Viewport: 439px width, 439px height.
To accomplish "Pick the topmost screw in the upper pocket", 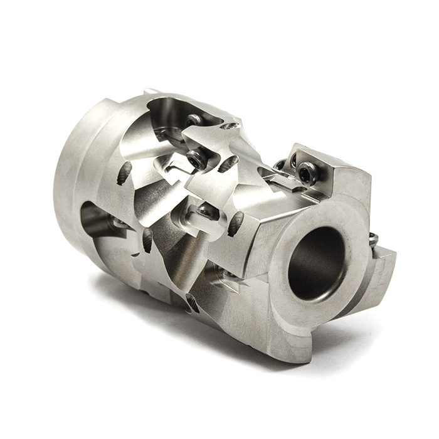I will [x=194, y=119].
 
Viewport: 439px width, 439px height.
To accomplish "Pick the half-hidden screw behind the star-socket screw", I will [x=280, y=164].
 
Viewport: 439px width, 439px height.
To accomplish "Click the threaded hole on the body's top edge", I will [x=231, y=126].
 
